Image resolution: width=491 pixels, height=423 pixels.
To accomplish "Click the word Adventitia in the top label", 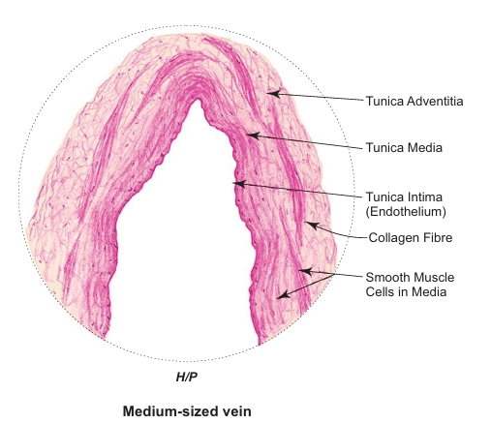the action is point(435,101).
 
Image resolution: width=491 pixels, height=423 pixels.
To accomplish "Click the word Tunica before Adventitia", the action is point(384,101).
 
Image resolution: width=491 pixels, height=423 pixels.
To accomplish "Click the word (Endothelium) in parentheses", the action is point(406,212).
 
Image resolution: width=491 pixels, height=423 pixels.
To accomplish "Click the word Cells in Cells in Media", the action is point(381,291).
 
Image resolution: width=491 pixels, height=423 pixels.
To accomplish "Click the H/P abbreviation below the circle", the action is point(187,377).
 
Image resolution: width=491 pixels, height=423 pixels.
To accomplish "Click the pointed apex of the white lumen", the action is point(197,100).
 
